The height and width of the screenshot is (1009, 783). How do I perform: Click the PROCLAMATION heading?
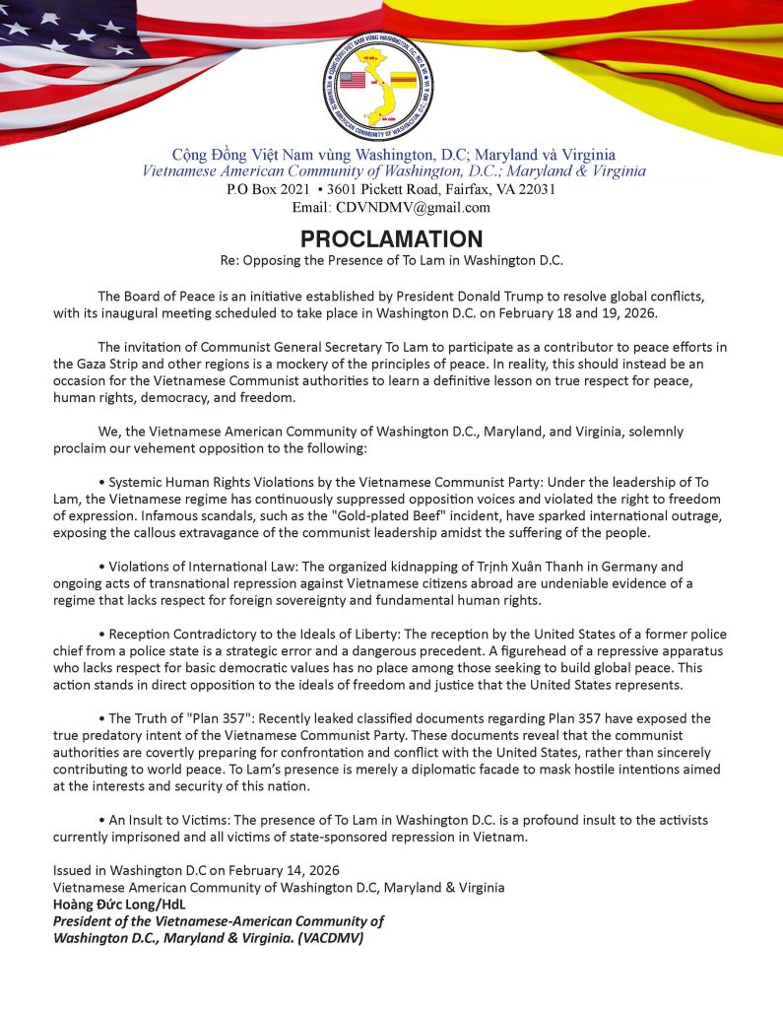pos(391,239)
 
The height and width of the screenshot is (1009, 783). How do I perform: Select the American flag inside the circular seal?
pos(352,80)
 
